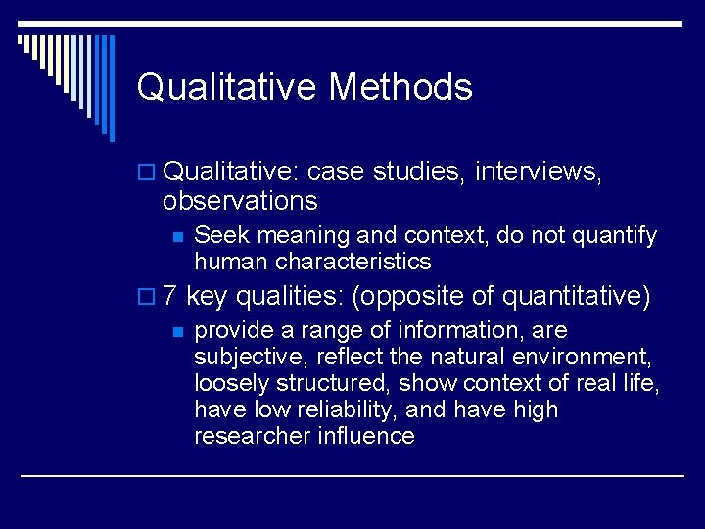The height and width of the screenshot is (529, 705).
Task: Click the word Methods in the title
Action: [400, 87]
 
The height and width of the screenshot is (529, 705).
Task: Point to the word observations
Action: [240, 201]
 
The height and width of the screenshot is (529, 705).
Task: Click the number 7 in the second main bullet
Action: [170, 295]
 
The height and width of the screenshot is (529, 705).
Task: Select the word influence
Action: [367, 436]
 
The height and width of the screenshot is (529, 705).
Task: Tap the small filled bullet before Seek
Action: [176, 237]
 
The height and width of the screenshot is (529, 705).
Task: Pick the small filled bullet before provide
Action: [176, 331]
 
